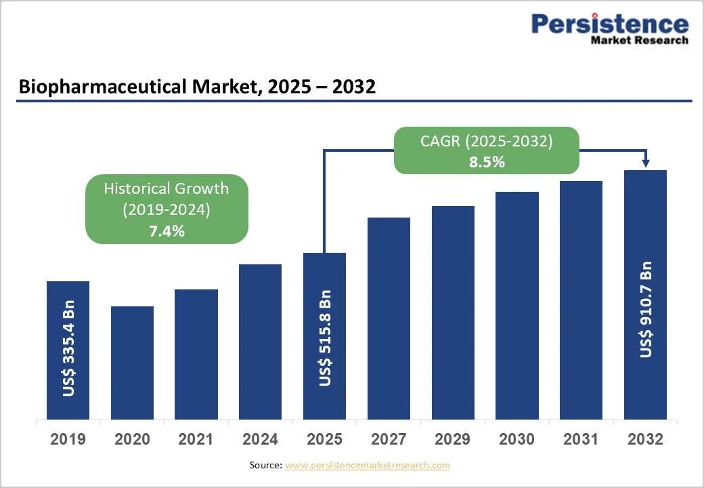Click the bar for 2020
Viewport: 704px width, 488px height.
(132, 363)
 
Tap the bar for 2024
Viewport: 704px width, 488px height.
(260, 342)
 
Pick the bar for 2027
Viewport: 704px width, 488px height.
(389, 319)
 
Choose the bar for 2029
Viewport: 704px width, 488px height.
(453, 312)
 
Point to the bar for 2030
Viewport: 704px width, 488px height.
(517, 306)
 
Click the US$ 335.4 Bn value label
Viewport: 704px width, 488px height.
(68, 347)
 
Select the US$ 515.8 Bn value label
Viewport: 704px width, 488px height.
(326, 338)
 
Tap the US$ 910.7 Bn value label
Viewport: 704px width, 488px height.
(646, 309)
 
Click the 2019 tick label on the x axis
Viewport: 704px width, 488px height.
(68, 439)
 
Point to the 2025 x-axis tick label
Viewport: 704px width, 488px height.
(325, 439)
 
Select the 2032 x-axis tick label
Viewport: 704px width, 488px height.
(645, 439)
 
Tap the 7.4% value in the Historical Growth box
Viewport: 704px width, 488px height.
(167, 231)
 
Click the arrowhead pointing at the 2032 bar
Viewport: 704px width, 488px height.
(646, 163)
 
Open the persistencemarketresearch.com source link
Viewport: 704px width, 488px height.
(368, 465)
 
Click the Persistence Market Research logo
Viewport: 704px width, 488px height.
(609, 28)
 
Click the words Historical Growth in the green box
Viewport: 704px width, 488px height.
(167, 188)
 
